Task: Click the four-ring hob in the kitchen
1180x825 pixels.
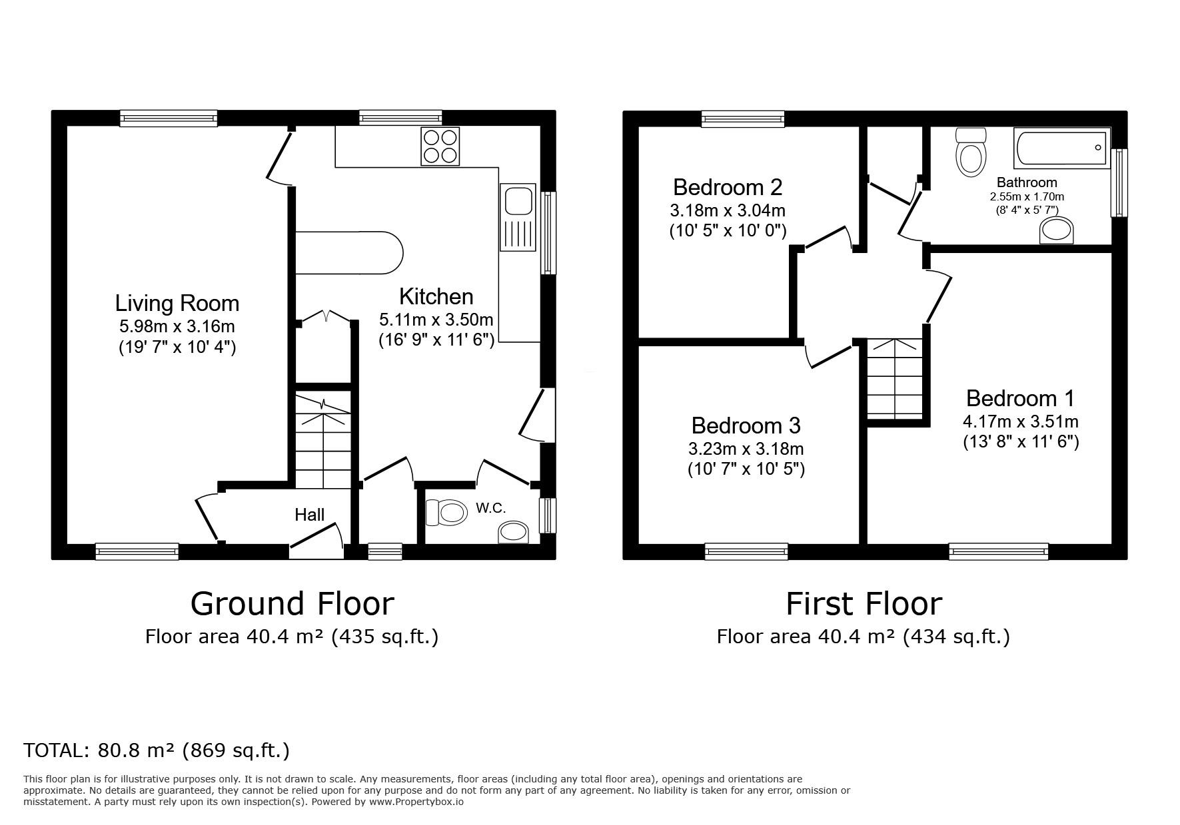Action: (440, 146)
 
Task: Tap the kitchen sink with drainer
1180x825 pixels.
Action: (519, 218)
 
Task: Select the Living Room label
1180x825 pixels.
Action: (177, 303)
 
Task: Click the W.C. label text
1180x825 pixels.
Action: (491, 508)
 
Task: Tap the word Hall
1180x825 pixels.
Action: (310, 514)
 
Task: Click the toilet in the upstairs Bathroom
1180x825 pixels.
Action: (969, 152)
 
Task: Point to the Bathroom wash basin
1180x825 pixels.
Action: (1057, 232)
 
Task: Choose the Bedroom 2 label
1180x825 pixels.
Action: (728, 186)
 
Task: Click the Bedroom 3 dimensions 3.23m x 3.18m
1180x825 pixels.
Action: (746, 449)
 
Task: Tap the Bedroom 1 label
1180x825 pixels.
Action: (1020, 398)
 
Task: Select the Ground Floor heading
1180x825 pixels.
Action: (293, 604)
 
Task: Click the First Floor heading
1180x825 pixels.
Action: (864, 604)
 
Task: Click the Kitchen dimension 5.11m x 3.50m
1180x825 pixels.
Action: (436, 320)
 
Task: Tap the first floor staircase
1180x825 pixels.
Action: (895, 380)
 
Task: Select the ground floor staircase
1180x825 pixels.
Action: (323, 439)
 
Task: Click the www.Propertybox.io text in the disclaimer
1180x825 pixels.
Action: (416, 802)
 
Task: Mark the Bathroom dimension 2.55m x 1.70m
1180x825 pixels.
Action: (1027, 196)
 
